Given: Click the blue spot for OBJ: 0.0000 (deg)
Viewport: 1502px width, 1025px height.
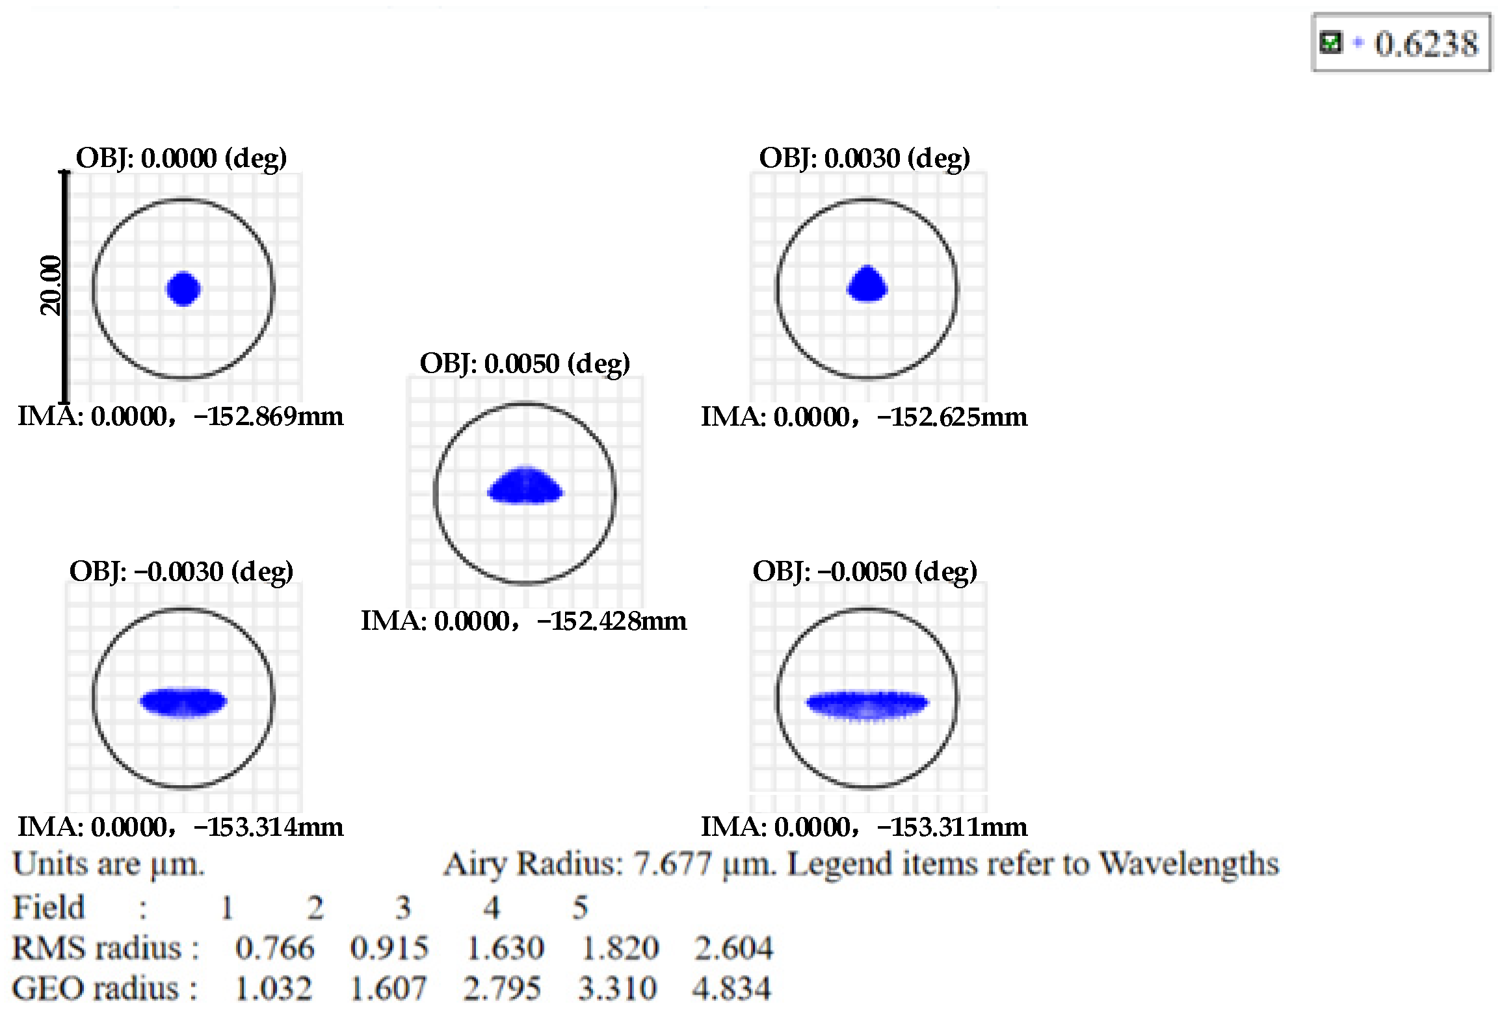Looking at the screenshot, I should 183,289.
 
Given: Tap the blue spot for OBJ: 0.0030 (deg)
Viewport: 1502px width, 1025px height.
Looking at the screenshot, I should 867,285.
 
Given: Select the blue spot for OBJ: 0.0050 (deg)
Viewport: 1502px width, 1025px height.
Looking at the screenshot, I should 525,486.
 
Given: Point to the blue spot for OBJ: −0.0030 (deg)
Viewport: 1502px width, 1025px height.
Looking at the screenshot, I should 183,701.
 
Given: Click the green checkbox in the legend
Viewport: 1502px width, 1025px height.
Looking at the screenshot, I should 1330,43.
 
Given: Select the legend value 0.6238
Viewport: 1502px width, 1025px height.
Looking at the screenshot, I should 1426,44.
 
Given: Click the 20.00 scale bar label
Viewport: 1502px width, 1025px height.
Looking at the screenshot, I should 51,285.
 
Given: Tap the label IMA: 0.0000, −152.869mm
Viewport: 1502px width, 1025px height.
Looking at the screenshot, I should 180,416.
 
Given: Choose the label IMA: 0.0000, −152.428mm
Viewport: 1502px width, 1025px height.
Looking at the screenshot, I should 523,621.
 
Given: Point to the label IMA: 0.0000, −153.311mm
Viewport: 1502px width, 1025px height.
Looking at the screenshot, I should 863,827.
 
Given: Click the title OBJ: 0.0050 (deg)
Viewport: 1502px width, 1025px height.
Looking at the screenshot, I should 525,363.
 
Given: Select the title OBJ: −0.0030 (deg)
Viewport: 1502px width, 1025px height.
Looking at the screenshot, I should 181,571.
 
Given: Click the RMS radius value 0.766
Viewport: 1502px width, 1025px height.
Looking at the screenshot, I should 274,948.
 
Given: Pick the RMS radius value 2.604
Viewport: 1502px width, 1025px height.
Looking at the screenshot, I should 733,948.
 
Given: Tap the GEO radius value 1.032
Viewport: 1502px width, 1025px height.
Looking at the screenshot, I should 273,989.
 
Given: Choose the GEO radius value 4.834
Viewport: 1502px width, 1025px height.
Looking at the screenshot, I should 731,989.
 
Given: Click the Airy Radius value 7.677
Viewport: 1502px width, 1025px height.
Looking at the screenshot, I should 673,864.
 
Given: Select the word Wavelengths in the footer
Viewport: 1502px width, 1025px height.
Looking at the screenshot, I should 1189,864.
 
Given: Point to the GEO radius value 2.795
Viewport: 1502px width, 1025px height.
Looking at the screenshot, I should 502,989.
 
